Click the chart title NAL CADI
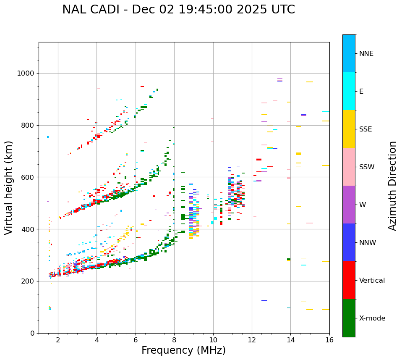[178, 10]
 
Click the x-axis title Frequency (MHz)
[183, 350]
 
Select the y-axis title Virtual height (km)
[9, 187]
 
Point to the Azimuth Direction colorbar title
[392, 186]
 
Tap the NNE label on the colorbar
[366, 54]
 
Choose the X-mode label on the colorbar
[372, 318]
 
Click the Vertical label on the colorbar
[372, 281]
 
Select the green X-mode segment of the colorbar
[349, 318]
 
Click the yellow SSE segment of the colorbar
[349, 129]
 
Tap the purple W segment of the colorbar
[349, 205]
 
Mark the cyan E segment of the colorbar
[349, 91]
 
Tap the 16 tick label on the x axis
[329, 340]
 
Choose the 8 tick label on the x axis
[175, 340]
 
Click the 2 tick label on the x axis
[58, 340]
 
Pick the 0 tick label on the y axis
[32, 333]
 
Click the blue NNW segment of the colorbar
[349, 242]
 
